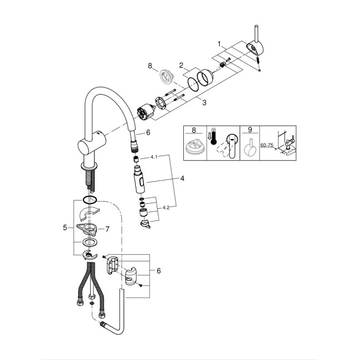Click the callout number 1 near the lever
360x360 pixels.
(x=219, y=43)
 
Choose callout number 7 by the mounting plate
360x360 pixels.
(x=108, y=229)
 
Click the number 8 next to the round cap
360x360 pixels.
(x=150, y=67)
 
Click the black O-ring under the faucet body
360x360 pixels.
(x=89, y=199)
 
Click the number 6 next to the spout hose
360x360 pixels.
(x=148, y=133)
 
